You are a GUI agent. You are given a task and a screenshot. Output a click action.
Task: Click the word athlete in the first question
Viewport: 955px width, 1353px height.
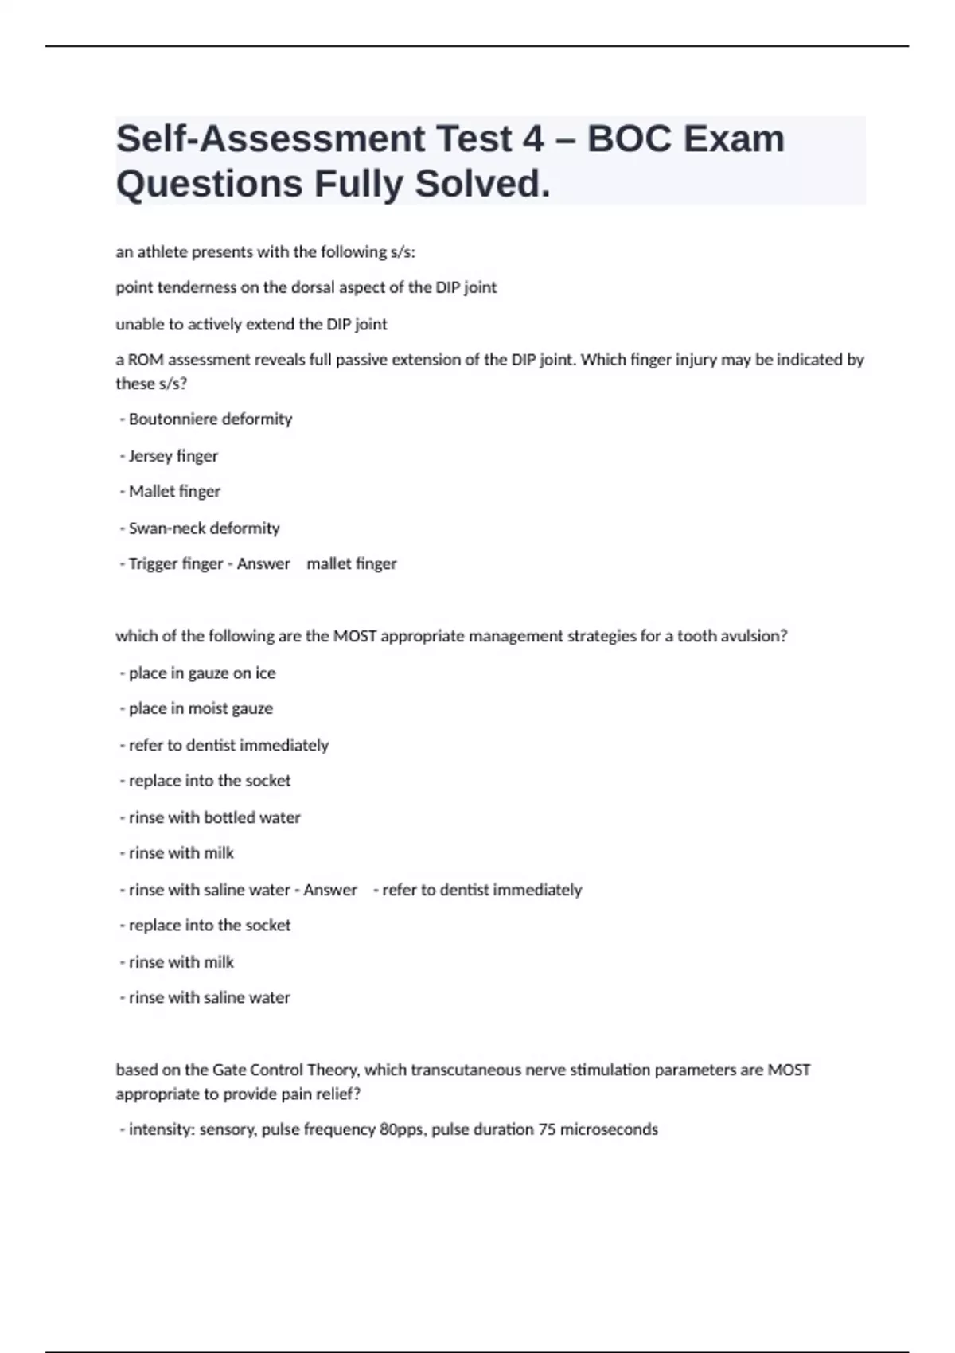158,252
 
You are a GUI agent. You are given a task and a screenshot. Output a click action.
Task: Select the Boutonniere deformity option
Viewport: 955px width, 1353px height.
210,419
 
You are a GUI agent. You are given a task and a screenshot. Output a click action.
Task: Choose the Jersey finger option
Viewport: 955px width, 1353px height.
173,456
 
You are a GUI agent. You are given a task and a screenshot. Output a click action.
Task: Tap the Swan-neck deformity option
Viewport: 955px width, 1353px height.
204,528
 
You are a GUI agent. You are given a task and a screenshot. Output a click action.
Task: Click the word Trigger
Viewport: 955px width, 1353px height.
150,563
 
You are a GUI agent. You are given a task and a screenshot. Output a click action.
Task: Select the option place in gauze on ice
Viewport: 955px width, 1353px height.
202,673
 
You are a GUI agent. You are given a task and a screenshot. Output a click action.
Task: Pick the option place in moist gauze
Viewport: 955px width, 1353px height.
201,708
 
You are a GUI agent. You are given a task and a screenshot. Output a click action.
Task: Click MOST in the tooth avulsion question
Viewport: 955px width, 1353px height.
354,636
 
